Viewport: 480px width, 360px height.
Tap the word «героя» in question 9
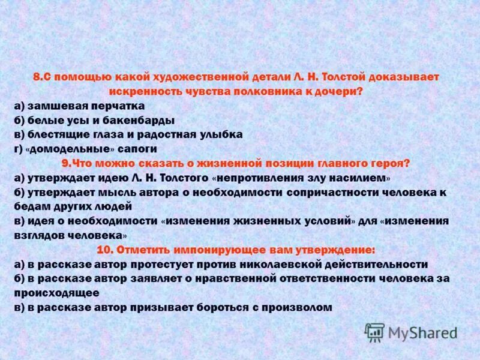point(388,163)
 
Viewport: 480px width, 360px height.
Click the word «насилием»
point(358,178)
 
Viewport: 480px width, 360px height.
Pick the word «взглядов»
point(41,235)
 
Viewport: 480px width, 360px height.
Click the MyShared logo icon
point(375,332)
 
